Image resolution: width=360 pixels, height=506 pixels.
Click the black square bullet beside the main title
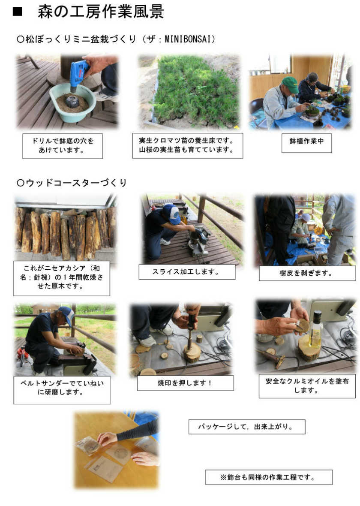(18, 12)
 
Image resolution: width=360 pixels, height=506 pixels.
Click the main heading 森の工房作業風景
(101, 11)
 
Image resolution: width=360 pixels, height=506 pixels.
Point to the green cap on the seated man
(290, 84)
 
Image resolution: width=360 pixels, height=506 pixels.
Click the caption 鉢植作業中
(306, 141)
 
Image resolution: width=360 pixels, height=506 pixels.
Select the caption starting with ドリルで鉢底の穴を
(63, 145)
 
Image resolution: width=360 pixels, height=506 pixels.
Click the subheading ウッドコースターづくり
(72, 183)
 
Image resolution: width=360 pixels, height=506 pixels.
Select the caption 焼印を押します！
(185, 383)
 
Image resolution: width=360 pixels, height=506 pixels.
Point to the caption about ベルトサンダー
(62, 387)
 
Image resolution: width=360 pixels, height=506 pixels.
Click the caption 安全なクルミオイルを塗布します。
(307, 386)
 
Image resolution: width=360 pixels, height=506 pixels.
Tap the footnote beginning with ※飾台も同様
(268, 477)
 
